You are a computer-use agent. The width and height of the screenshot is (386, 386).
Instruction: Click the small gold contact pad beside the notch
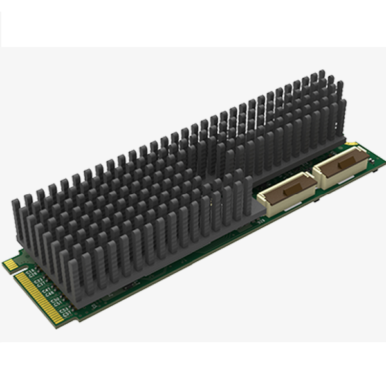tap(10, 264)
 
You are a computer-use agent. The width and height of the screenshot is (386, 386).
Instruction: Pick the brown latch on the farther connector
tap(341, 165)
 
